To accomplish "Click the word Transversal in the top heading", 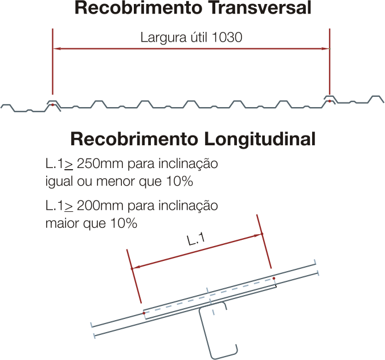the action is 260,7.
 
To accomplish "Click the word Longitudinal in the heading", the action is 260,139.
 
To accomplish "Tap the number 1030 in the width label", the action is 227,38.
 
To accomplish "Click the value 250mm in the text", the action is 100,163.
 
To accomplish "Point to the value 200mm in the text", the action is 100,206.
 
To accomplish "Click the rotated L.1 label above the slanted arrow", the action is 196,239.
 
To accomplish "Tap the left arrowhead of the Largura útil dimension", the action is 57,48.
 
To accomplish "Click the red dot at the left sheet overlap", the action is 52,105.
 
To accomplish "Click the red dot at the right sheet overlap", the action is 330,101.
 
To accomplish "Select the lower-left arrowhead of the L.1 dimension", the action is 136,267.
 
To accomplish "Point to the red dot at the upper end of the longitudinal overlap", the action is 274,279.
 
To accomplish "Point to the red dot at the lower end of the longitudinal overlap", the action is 144,313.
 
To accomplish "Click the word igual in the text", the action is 59,182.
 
